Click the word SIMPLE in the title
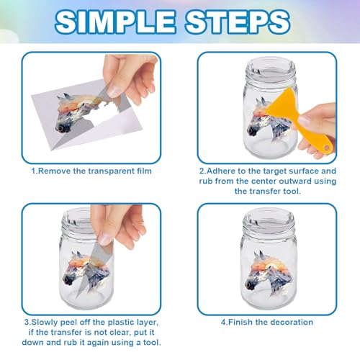pos(115,22)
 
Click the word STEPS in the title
pos(238,22)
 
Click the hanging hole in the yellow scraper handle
pos(326,147)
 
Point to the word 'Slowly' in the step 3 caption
pos(45,322)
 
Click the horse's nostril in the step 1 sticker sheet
pos(60,128)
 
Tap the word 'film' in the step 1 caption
pos(144,171)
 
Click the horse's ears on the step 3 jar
pos(76,255)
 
